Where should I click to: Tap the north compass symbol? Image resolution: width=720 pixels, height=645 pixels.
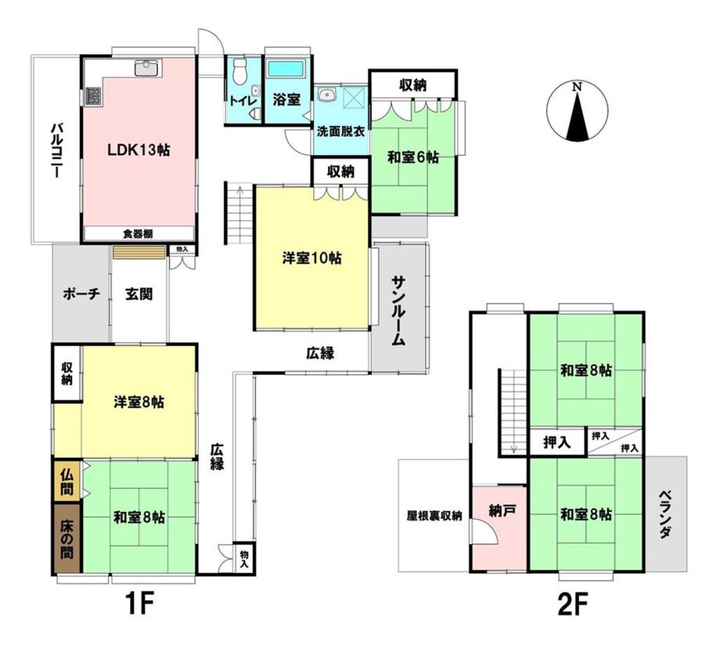(x=577, y=111)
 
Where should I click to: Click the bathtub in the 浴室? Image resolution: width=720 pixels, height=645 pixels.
(x=287, y=69)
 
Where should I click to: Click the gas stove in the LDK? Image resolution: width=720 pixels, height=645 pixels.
(x=93, y=95)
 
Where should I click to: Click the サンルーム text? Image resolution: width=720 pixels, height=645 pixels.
(x=399, y=311)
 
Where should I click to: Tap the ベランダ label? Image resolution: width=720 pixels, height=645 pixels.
(x=666, y=513)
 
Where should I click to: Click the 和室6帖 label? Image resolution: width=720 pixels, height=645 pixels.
(x=412, y=157)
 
